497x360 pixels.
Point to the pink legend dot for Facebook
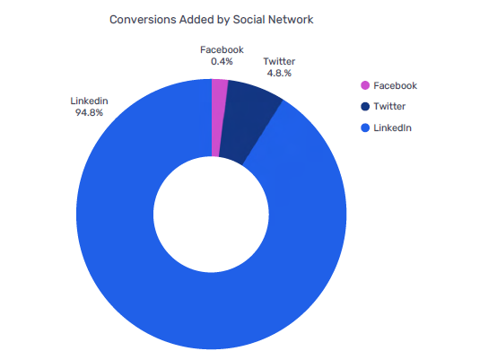(365, 86)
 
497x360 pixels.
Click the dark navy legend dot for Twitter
(365, 107)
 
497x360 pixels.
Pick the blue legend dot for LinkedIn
(365, 128)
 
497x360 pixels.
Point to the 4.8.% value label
(278, 73)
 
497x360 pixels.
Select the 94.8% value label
(89, 113)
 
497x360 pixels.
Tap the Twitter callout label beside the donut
(279, 61)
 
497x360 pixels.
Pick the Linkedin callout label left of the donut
(89, 101)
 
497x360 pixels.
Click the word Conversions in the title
(143, 18)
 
